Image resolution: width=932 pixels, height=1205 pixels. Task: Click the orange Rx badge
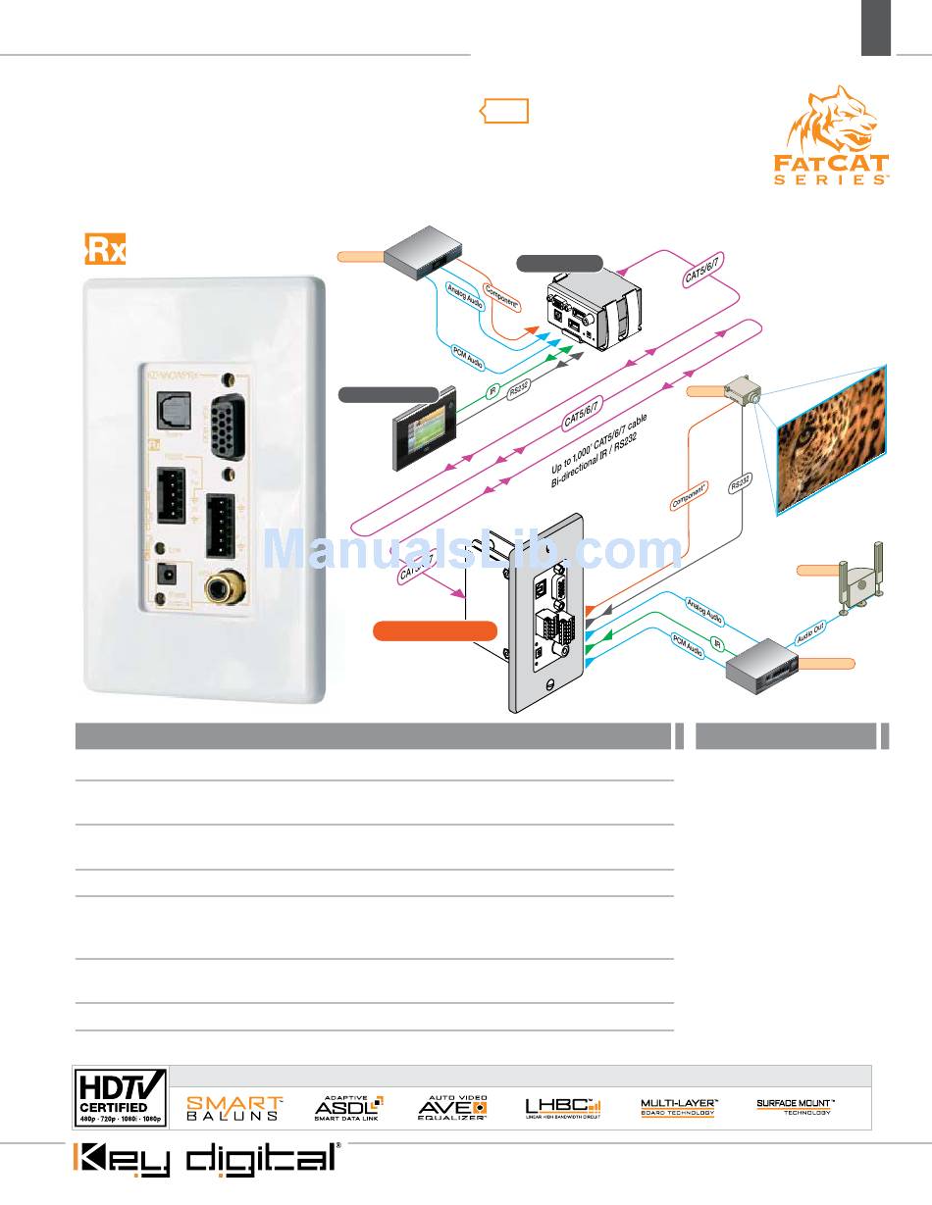(x=104, y=250)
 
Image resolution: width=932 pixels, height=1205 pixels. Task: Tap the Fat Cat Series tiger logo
(x=841, y=136)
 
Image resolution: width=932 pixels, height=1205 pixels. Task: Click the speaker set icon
(x=858, y=582)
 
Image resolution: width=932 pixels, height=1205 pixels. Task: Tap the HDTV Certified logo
(x=122, y=1095)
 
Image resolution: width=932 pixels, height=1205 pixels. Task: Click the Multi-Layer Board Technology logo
(x=679, y=1107)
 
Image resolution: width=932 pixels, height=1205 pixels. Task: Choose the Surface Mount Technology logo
(x=795, y=1107)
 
